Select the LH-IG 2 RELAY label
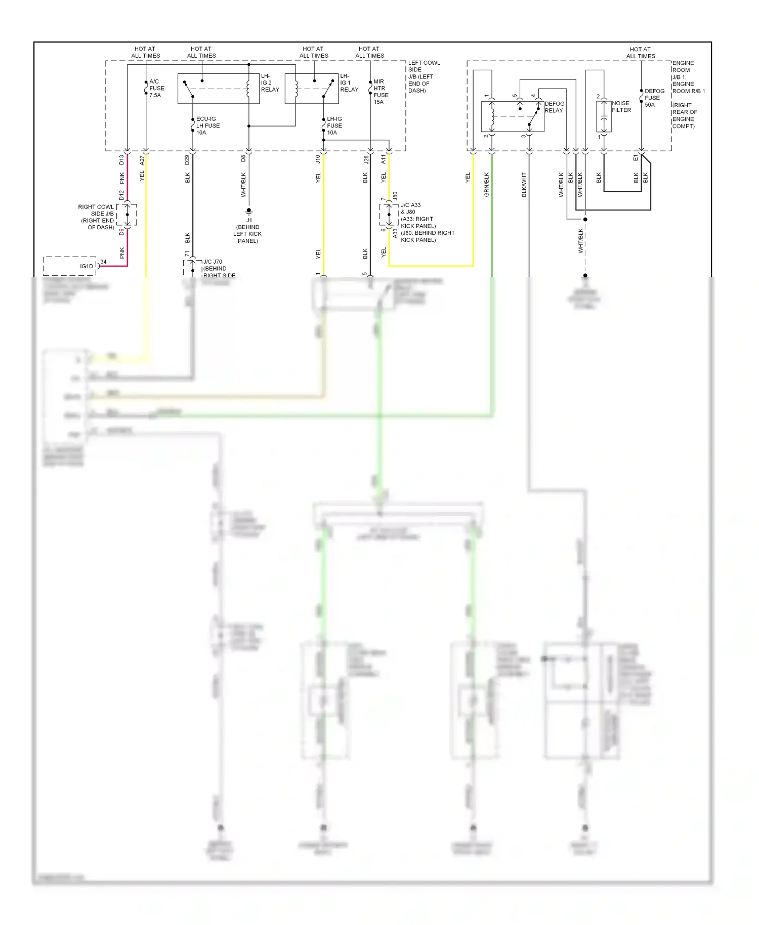(269, 83)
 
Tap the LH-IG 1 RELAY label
(349, 83)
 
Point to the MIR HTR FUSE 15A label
(381, 92)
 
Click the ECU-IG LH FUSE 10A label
(207, 125)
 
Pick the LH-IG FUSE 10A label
(334, 125)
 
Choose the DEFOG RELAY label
(554, 107)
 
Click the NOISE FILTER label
(621, 106)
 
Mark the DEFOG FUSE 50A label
(654, 98)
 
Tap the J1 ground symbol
(248, 211)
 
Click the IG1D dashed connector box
(69, 266)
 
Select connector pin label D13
(121, 160)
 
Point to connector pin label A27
(142, 160)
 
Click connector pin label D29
(187, 160)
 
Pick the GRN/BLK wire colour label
(487, 184)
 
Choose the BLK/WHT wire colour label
(524, 184)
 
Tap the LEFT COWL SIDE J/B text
(424, 76)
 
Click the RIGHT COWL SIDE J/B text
(97, 217)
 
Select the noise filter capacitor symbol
(604, 117)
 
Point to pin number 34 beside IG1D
(103, 262)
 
